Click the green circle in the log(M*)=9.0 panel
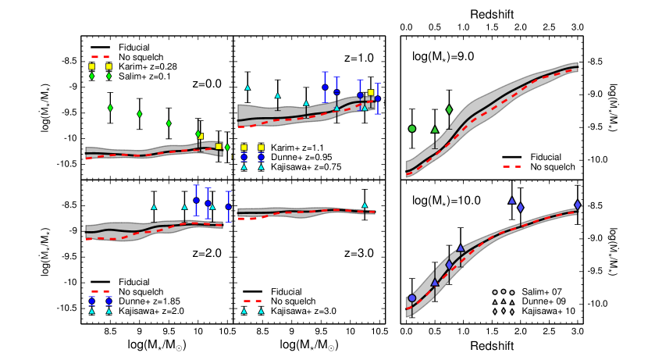pos(411,128)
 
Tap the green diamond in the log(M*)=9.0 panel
pos(449,109)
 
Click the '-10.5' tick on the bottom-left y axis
pos(67,308)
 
